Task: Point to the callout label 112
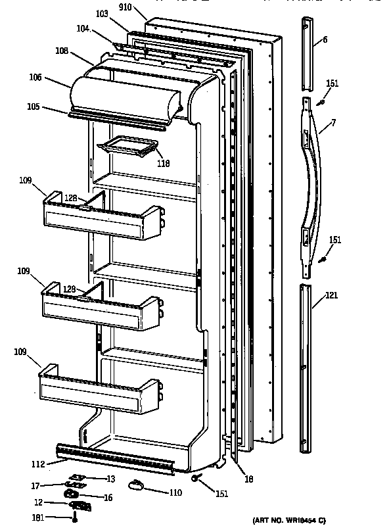pos(38,464)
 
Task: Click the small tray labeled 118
pos(129,147)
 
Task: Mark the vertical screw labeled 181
pos(76,517)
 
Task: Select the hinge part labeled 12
pos(80,506)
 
